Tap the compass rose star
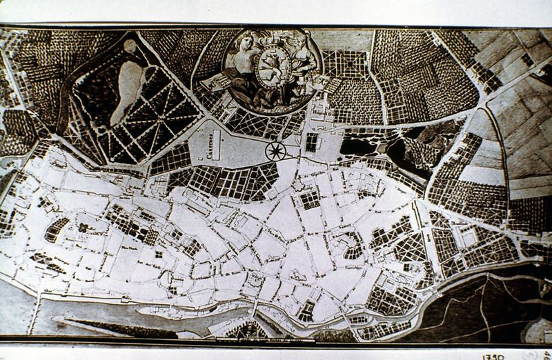click(x=276, y=150)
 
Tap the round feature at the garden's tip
click(x=130, y=46)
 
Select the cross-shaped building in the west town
click(x=83, y=228)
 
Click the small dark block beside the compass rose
click(x=311, y=142)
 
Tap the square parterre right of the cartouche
click(x=345, y=63)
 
